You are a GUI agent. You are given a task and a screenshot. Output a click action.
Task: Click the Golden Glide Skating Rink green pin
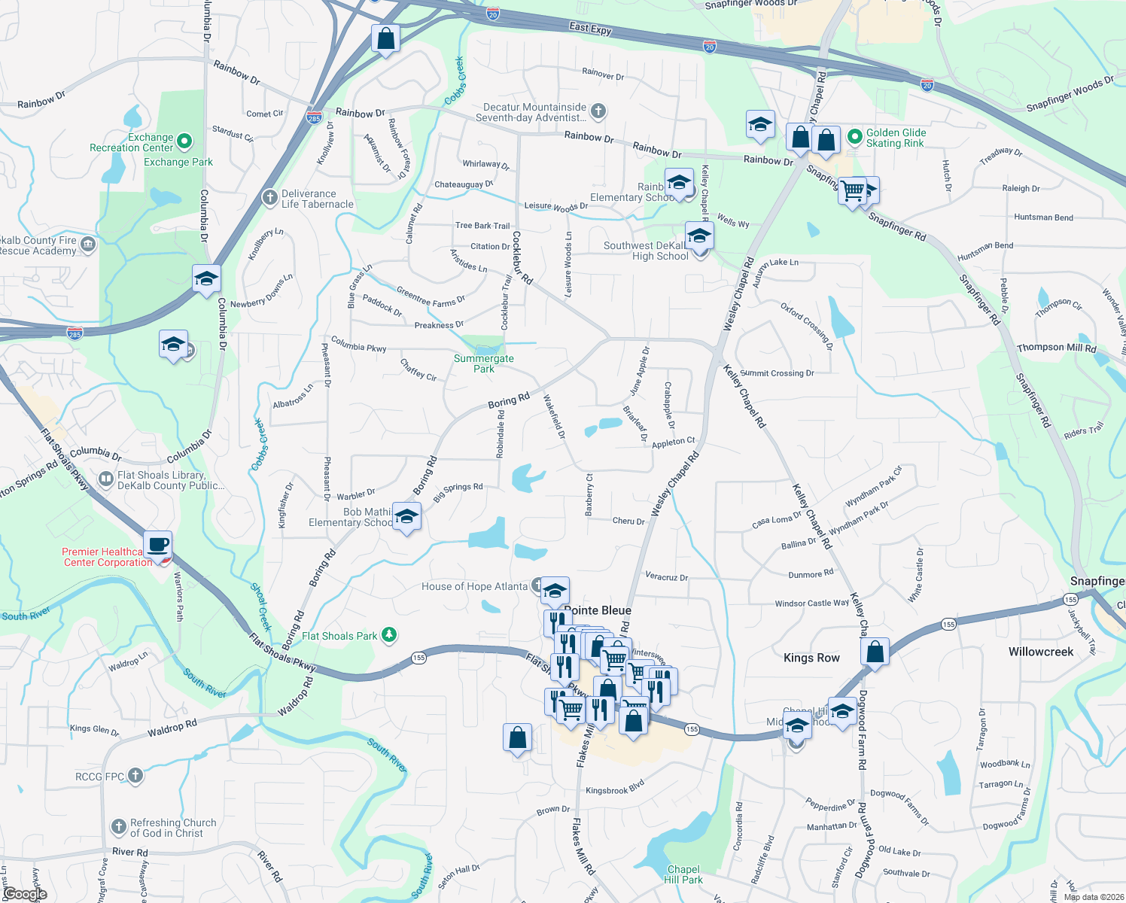[854, 137]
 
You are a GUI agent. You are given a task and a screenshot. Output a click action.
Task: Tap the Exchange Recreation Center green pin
[184, 141]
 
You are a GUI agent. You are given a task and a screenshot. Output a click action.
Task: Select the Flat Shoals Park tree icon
[388, 635]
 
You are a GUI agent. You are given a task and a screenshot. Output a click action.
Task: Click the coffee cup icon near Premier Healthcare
[157, 544]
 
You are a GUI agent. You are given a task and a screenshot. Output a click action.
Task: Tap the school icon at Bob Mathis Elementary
[406, 516]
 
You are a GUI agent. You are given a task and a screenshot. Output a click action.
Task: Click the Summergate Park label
[484, 363]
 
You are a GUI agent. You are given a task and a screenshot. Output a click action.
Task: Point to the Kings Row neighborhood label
[811, 658]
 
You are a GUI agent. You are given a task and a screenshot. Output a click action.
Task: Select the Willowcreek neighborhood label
[1041, 652]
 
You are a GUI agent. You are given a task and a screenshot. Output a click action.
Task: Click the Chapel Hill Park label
[683, 874]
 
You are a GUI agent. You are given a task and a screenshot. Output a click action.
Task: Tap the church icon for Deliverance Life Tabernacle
[269, 198]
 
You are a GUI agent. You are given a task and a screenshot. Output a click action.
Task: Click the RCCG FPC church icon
[135, 776]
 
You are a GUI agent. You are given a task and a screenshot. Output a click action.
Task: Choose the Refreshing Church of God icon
[118, 827]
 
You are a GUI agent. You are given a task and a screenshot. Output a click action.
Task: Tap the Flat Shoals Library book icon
[106, 479]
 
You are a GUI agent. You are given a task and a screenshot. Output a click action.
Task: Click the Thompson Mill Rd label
[1056, 348]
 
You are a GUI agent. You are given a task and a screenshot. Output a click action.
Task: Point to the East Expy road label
[590, 28]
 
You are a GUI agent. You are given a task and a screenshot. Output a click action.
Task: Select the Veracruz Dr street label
[666, 577]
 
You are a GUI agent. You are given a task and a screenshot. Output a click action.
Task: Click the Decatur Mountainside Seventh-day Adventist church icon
[598, 111]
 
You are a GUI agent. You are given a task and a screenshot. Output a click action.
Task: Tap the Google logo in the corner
[25, 894]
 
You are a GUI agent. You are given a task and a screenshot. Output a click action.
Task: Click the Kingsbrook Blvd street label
[615, 787]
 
